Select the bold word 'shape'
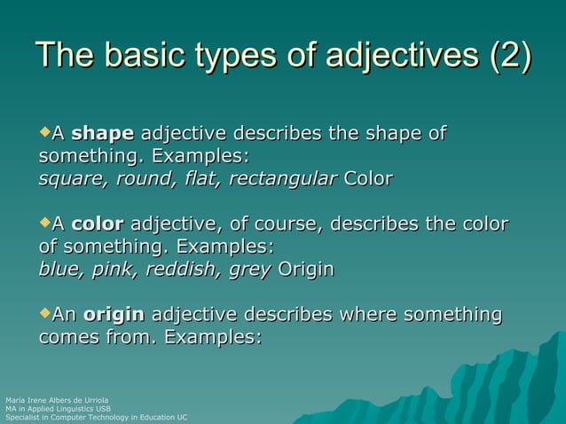tap(102, 134)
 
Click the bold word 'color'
tap(98, 224)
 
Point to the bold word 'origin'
tap(114, 314)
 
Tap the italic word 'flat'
tap(200, 179)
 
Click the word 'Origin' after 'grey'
tap(306, 269)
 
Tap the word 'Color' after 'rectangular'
tap(368, 179)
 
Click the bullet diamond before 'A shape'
tap(45, 133)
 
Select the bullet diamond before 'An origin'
tap(45, 313)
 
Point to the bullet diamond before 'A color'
tap(45, 223)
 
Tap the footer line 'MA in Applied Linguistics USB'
tap(58, 409)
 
